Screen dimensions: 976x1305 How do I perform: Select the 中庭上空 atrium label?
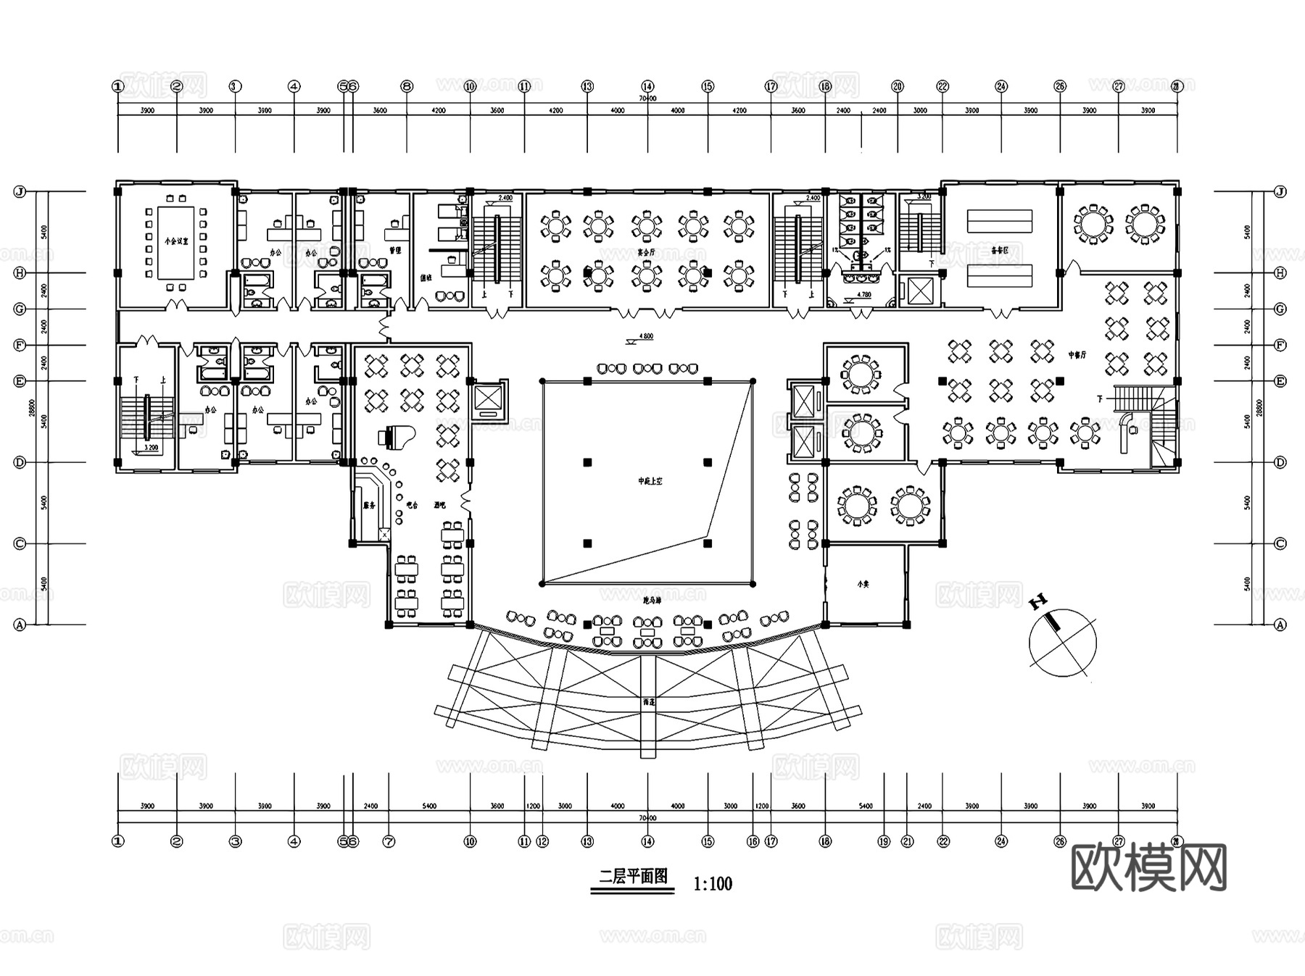(650, 481)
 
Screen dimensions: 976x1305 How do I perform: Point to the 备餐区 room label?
(1000, 249)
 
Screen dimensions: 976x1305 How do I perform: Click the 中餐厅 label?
(1077, 355)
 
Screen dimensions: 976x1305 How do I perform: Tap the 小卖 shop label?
(863, 584)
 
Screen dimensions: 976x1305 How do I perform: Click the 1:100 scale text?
(713, 884)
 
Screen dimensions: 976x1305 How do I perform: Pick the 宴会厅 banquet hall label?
(646, 253)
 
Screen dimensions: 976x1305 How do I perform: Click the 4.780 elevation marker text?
(863, 295)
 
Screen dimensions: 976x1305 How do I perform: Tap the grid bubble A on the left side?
(20, 625)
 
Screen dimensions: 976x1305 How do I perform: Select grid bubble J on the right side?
(1280, 192)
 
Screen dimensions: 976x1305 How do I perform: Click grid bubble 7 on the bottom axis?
(389, 842)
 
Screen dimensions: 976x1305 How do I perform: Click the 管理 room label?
(395, 250)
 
